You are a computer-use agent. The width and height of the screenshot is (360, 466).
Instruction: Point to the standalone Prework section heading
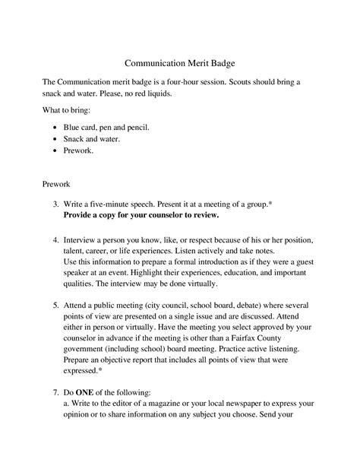[x=58, y=184]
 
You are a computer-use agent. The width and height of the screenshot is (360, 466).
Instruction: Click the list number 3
[x=56, y=205]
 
